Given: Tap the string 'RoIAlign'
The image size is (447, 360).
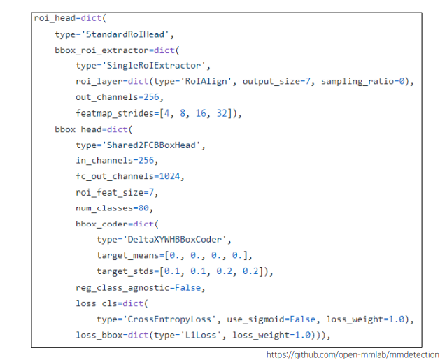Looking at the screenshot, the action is pos(206,82).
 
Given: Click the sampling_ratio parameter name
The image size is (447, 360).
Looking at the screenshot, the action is pos(357,82).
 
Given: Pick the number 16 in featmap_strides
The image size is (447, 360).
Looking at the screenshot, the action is pos(201,113).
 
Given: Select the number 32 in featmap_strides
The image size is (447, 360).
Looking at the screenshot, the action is pos(222,113).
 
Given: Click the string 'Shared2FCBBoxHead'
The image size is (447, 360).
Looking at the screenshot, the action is pos(151,145).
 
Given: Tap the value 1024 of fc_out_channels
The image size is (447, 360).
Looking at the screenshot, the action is pos(169,176).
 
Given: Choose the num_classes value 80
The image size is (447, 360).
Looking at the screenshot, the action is pos(143,208).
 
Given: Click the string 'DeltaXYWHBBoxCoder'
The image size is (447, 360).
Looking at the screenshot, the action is pos(175,240).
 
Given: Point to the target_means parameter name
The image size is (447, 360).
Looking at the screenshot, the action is pos(128,255).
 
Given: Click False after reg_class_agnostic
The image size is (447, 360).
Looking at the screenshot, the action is pos(188,288).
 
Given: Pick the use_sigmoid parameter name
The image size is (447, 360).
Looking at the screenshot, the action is pos(256,319).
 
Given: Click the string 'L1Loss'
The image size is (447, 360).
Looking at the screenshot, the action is pos(201,336).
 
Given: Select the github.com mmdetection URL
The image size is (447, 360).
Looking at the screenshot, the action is pos(353,355).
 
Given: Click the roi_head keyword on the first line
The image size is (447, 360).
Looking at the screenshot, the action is pos(55,18).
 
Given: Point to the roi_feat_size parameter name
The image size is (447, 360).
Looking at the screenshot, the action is pos(110,192).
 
